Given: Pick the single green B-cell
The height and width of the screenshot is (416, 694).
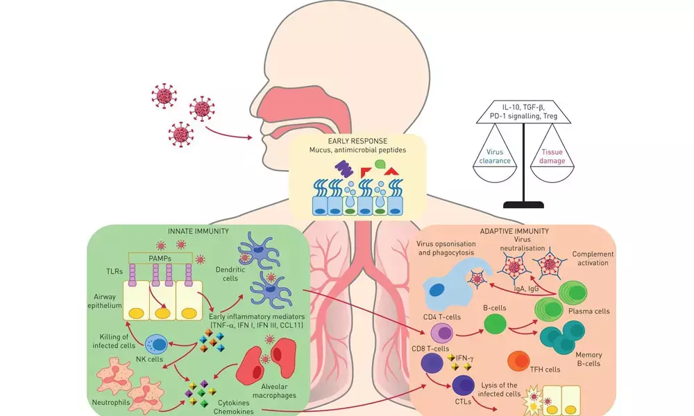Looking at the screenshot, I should pyautogui.click(x=494, y=324).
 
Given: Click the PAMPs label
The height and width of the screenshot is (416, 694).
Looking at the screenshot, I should pyautogui.click(x=158, y=257).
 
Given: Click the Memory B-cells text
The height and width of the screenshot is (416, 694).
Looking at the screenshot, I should pyautogui.click(x=582, y=358).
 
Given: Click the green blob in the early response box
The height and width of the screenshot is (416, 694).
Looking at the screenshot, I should pyautogui.click(x=380, y=164).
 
